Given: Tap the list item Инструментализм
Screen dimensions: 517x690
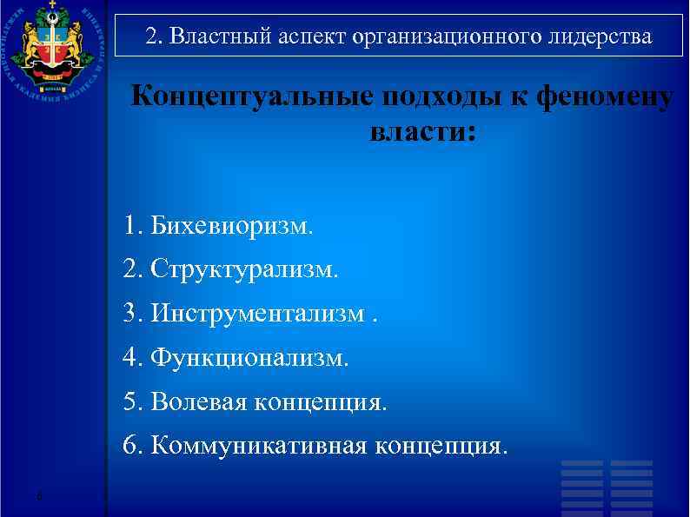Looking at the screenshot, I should point(257,313).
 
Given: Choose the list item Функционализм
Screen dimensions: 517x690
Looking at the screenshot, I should point(249,357).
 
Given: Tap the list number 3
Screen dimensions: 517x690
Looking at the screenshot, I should point(131,313).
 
